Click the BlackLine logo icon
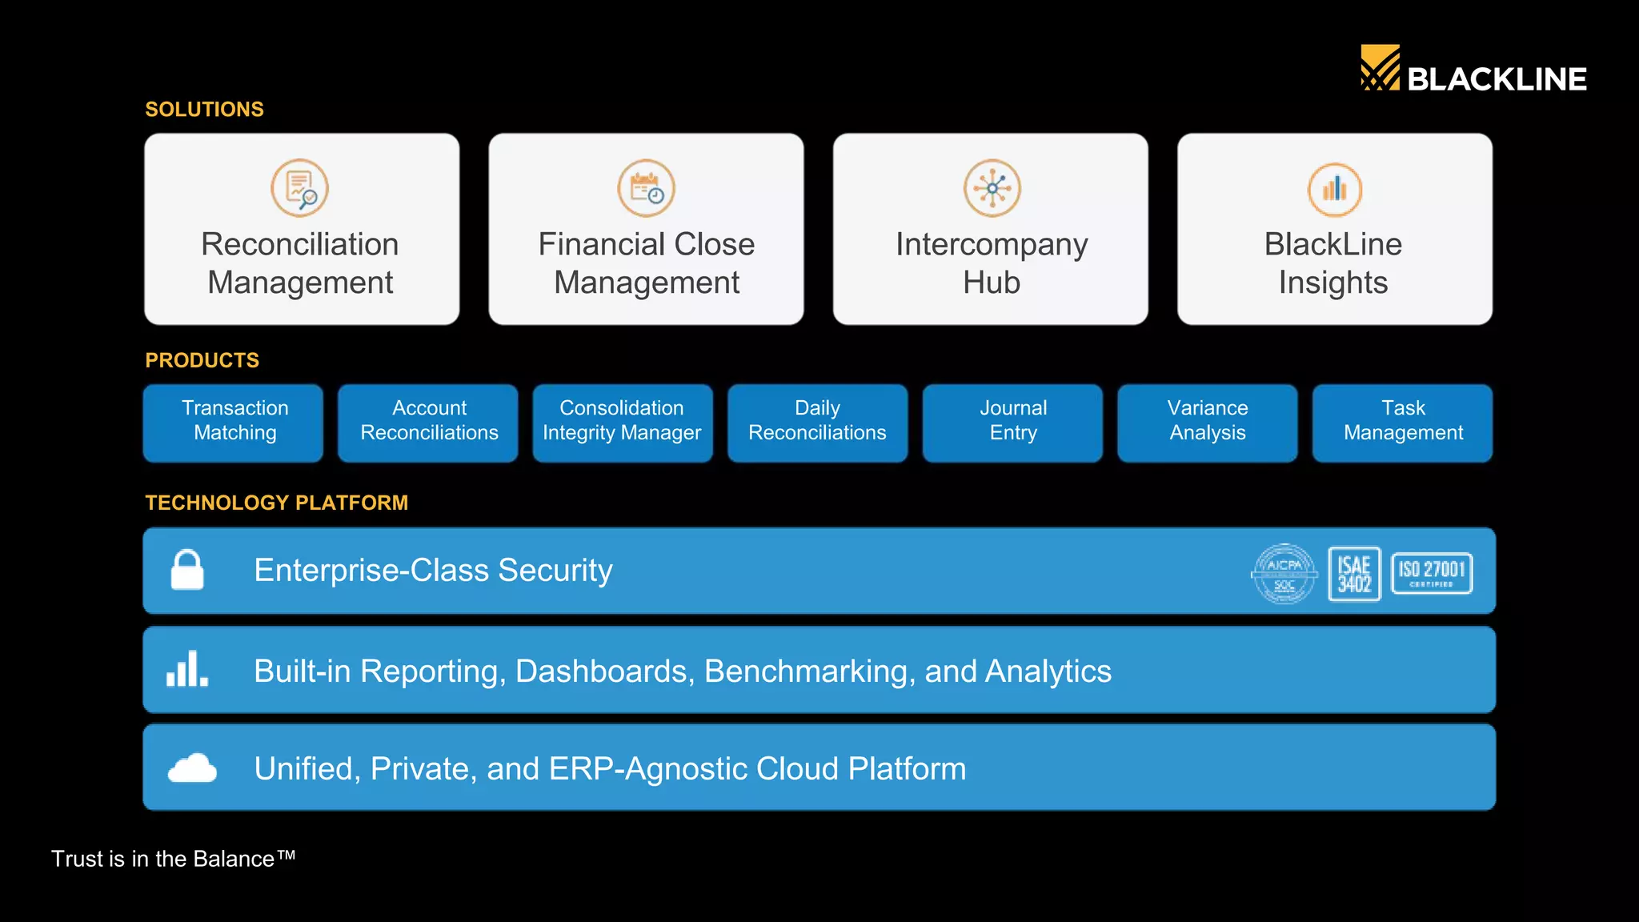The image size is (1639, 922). point(1380,68)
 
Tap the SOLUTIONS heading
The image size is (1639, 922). point(204,109)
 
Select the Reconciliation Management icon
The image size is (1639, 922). point(299,188)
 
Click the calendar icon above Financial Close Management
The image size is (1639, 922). point(646,188)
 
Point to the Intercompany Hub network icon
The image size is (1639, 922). point(992,188)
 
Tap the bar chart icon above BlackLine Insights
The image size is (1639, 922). point(1334,190)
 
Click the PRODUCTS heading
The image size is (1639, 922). point(202,360)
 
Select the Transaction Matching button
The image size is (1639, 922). point(234,422)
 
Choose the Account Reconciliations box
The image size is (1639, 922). point(428,422)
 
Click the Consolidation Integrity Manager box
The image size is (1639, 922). point(623,422)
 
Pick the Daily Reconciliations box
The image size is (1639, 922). point(817,422)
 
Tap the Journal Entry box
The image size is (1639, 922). point(1012,422)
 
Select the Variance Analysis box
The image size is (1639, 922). point(1207,422)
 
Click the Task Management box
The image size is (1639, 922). point(1402,422)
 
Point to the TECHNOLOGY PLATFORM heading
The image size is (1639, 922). point(276,503)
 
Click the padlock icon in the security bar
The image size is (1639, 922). point(187,570)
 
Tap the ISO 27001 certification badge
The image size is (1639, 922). point(1432,573)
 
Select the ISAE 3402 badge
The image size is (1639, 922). point(1354,573)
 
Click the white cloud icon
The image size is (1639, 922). point(192,768)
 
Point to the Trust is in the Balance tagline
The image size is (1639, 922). point(173,859)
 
